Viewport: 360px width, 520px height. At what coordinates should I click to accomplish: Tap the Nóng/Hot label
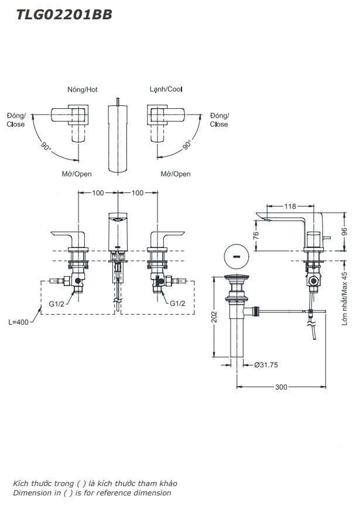(82, 89)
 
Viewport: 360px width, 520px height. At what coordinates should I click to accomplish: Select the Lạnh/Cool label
(166, 89)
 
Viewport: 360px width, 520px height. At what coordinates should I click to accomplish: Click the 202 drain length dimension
(215, 316)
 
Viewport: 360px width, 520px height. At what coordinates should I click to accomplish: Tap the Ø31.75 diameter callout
(266, 364)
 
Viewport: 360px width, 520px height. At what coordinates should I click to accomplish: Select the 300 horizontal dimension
(282, 387)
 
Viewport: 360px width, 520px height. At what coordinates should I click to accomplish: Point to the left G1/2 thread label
(57, 304)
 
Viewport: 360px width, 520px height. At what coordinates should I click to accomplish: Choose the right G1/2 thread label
(178, 304)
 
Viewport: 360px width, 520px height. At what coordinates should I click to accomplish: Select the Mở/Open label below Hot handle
(77, 174)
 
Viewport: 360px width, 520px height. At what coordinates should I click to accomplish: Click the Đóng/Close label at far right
(219, 120)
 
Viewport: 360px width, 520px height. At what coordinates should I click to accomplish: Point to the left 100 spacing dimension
(98, 192)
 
